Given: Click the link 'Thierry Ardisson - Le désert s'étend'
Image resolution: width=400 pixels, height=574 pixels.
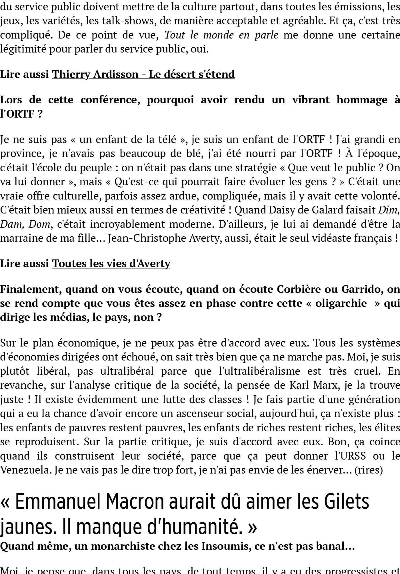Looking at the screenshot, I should pos(143,74).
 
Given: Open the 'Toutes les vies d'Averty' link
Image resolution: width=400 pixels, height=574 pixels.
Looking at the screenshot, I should pos(111,263).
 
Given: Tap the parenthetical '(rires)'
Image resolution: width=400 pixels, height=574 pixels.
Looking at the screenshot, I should pos(368,470).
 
